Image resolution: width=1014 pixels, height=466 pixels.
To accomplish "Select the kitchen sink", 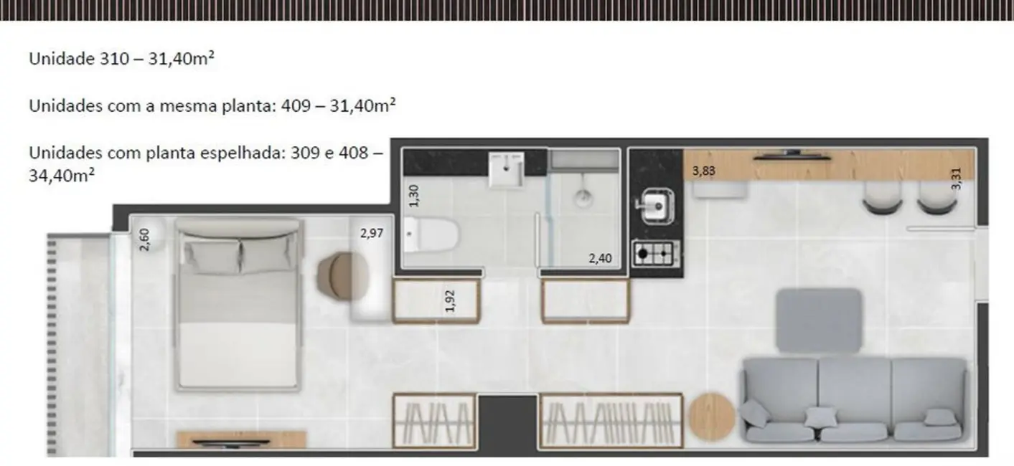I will (654, 206).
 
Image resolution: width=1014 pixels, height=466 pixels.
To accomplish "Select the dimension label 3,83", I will (704, 171).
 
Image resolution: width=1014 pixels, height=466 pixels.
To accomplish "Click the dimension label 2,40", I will (600, 258).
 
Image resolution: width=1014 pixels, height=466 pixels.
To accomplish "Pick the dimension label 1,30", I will (413, 195).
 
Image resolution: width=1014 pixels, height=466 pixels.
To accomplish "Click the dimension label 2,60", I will (145, 239).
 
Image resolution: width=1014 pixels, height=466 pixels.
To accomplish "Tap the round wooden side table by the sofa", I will (712, 416).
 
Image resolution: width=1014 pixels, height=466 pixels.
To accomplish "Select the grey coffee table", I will (819, 320).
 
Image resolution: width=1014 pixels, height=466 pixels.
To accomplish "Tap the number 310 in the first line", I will (119, 60).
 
